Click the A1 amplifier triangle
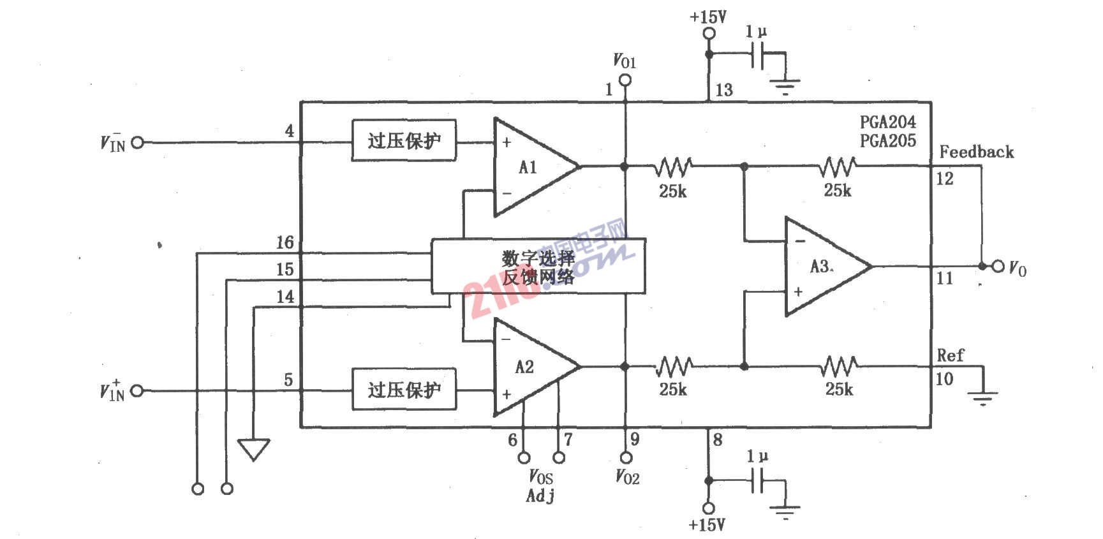(529, 167)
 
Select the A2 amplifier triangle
(529, 367)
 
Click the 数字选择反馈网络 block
(538, 267)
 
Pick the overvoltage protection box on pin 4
(404, 140)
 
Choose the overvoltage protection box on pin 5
(404, 389)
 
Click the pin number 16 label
(285, 243)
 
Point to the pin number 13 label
(724, 90)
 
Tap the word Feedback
(976, 152)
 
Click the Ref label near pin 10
(950, 355)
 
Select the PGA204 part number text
(887, 122)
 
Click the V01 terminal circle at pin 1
(625, 80)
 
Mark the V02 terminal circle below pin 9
(626, 457)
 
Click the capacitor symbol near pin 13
(758, 55)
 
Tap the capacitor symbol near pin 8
(758, 480)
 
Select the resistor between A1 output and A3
(673, 167)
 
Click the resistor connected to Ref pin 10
(839, 367)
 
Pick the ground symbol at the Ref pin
(983, 398)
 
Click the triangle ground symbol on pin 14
(253, 448)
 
